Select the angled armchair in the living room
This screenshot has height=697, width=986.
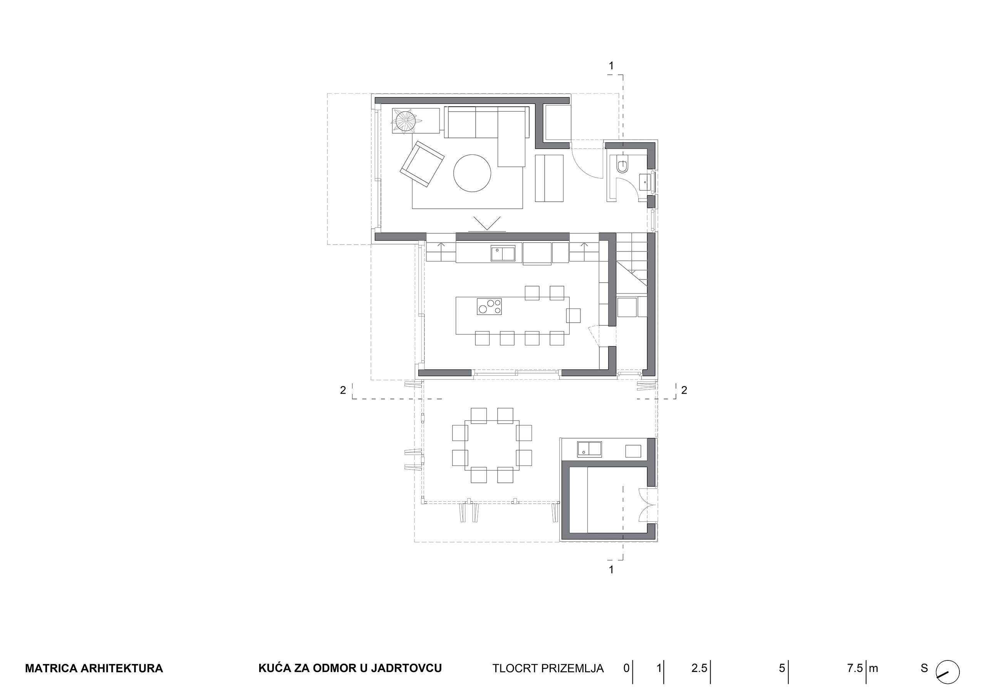point(422,164)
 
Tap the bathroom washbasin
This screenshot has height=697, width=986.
point(645,182)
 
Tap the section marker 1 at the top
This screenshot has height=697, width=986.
point(611,66)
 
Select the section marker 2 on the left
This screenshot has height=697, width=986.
point(343,390)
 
